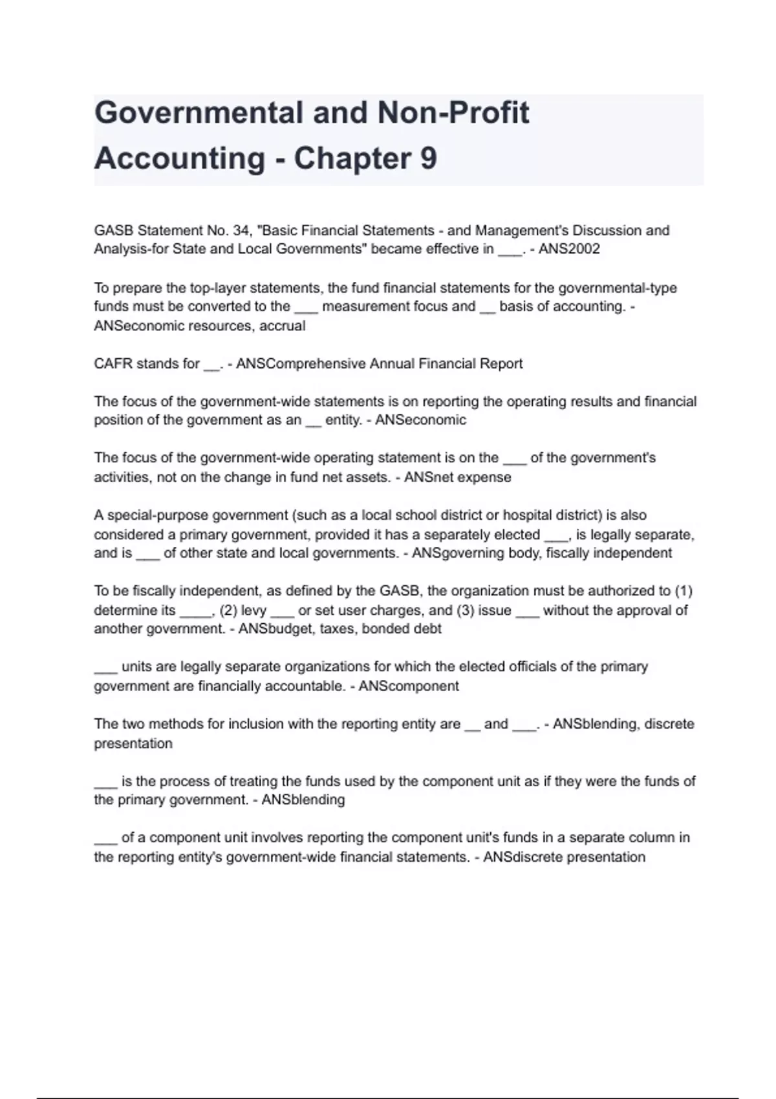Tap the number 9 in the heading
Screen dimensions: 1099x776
[428, 158]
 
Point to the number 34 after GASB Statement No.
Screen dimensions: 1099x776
[241, 230]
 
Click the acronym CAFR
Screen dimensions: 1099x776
[113, 363]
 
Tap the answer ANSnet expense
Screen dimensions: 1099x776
[457, 477]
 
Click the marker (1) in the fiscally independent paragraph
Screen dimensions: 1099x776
[683, 591]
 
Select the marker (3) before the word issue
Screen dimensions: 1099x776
[465, 610]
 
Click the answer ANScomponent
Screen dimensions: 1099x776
[408, 686]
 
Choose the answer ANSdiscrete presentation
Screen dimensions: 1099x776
[564, 857]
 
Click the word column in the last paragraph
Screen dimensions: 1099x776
[649, 838]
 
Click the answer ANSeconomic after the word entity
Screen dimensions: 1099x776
[420, 420]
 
